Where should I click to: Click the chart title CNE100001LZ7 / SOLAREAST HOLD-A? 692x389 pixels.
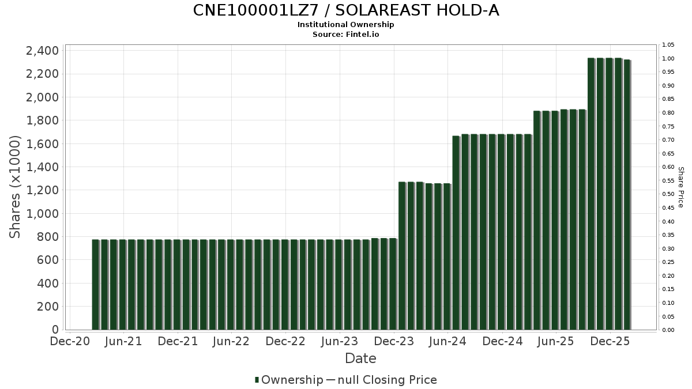[346, 10]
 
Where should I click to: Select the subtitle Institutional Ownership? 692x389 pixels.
[346, 25]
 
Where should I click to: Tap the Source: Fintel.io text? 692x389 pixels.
[346, 34]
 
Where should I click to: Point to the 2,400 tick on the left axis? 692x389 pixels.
[42, 51]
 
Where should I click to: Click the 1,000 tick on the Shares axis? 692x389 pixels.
[42, 214]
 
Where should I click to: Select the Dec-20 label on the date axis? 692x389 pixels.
[70, 341]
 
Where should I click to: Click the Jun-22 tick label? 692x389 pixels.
[231, 341]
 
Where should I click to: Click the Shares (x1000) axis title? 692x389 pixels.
[15, 187]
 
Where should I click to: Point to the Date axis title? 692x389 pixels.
[360, 358]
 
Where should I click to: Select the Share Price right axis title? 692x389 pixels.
[680, 187]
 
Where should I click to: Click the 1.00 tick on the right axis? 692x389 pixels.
[668, 59]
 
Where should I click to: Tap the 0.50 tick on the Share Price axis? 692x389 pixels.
[668, 194]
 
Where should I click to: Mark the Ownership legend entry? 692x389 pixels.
[289, 380]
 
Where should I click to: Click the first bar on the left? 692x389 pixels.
[96, 285]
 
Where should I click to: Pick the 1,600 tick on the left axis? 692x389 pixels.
[42, 144]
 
